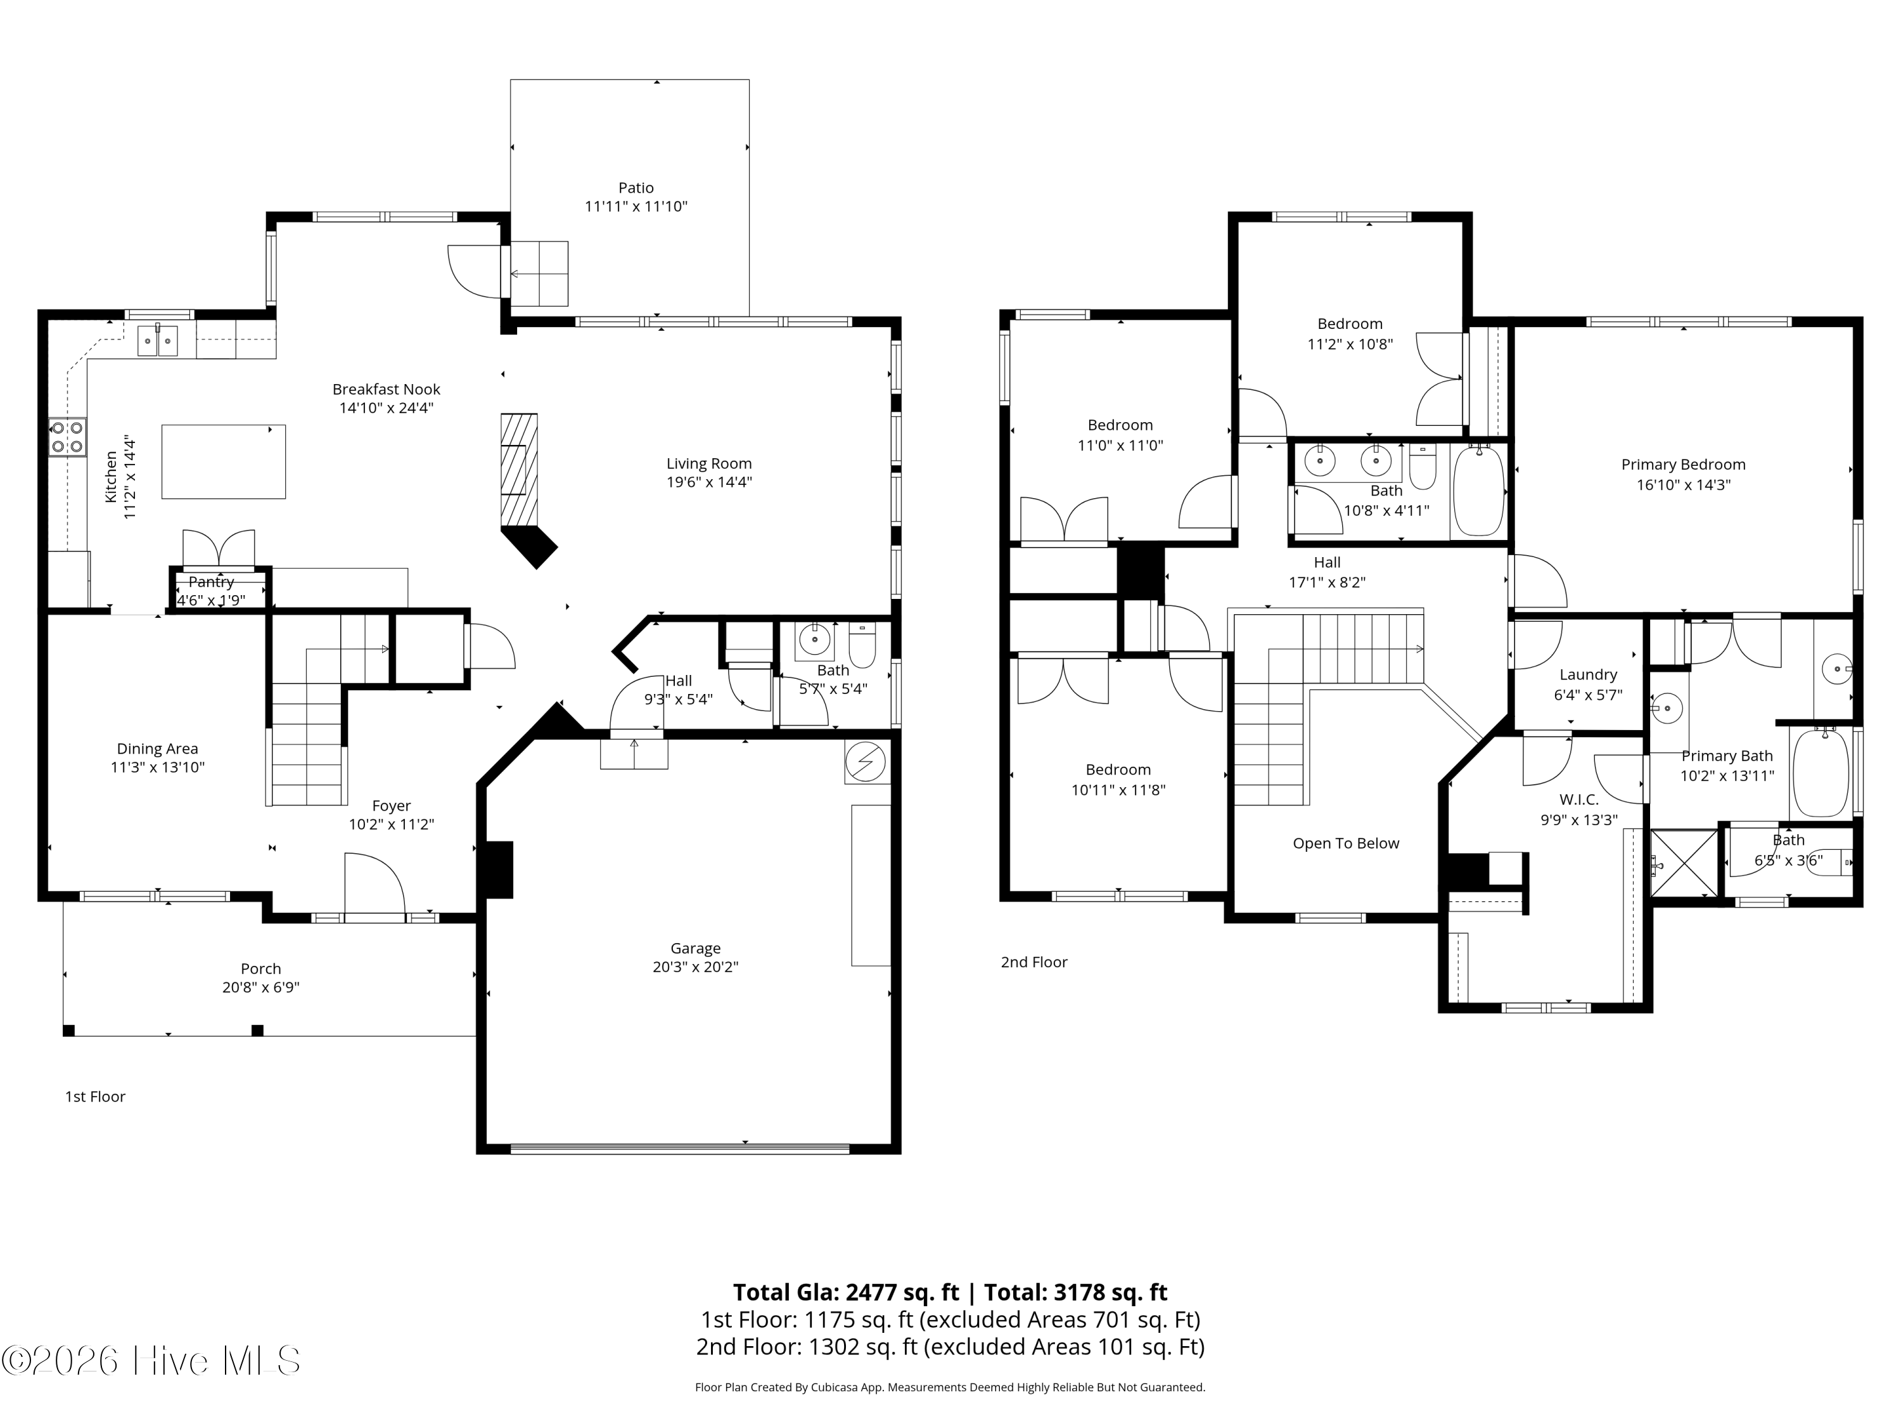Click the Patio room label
click(x=636, y=188)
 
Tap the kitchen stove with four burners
click(x=68, y=437)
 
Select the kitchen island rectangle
click(x=224, y=461)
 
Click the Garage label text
click(x=695, y=948)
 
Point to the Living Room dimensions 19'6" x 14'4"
click(x=709, y=482)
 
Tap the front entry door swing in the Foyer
click(x=374, y=885)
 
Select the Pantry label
click(x=212, y=582)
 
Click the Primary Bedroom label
click(x=1684, y=464)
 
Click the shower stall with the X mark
click(x=1684, y=863)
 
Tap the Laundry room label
click(x=1588, y=675)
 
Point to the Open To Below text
click(x=1346, y=843)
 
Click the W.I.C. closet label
click(x=1578, y=799)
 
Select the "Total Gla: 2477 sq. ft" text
click(x=846, y=1293)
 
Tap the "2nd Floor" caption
click(x=1034, y=962)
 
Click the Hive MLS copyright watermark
click(x=151, y=1361)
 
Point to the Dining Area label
click(x=157, y=748)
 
